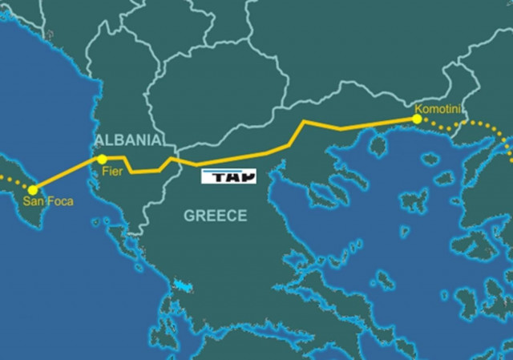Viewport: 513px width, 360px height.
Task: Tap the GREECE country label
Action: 215,215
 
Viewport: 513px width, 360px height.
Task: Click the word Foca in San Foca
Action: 59,202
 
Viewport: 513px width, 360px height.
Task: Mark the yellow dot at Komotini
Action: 416,119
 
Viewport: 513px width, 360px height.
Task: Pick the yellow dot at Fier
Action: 102,159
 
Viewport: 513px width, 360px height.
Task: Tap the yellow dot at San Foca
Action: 33,190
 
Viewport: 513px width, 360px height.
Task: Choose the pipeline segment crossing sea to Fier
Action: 67,174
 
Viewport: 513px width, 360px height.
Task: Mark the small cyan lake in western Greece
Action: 184,286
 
